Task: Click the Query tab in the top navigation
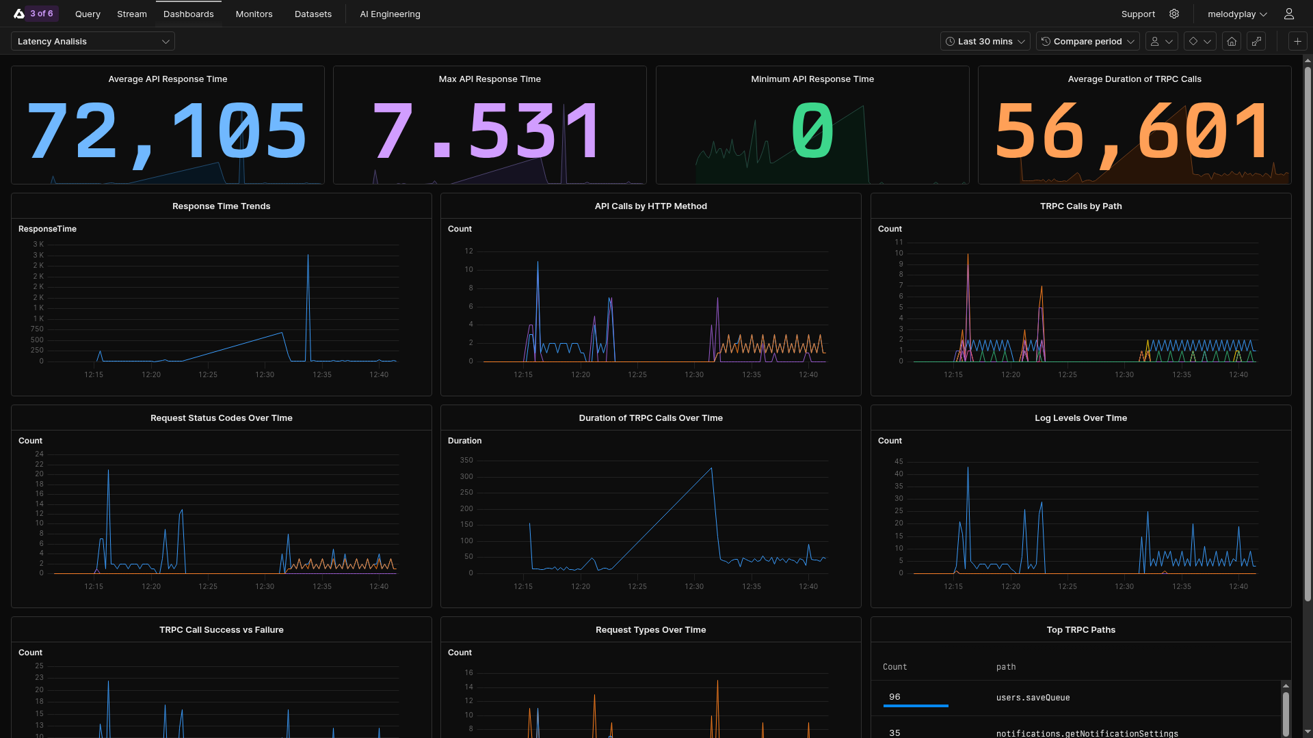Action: tap(88, 14)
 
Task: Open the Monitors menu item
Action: tap(254, 14)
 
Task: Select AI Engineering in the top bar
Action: tap(390, 14)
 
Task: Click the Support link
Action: tap(1138, 14)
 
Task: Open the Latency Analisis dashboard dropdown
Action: tap(93, 41)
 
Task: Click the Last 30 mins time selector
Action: tap(985, 41)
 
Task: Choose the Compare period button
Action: tap(1087, 41)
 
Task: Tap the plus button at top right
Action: tap(1297, 41)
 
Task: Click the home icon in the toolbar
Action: tap(1232, 41)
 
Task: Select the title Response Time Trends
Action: tap(221, 206)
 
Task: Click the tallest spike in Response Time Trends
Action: tap(308, 256)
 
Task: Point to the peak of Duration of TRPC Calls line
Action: tap(712, 468)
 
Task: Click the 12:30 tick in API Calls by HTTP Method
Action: tap(694, 374)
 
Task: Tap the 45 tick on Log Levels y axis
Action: tap(899, 461)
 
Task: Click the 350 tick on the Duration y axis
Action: tap(466, 460)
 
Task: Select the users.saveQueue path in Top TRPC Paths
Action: tap(1033, 698)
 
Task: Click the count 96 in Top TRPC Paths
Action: tap(894, 697)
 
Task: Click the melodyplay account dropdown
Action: tap(1237, 14)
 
